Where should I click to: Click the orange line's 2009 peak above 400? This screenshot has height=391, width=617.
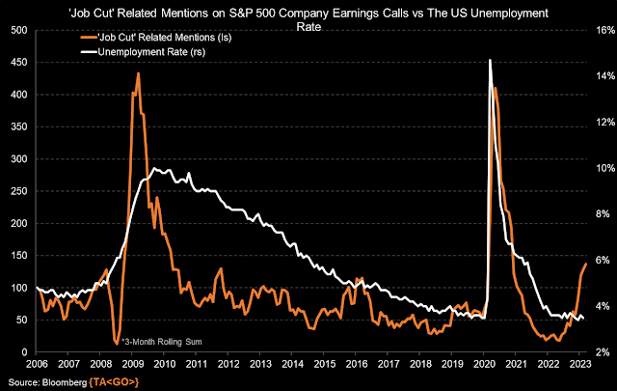138,73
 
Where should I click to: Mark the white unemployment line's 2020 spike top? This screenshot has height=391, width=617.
491,60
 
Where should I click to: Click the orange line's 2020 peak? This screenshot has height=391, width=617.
496,88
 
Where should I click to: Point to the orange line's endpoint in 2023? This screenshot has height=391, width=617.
586,264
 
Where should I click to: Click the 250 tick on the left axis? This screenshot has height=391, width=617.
17,191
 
